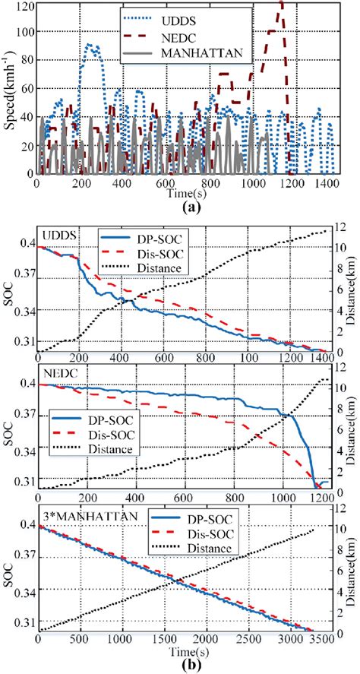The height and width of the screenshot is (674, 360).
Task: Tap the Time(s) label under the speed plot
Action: (x=182, y=193)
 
